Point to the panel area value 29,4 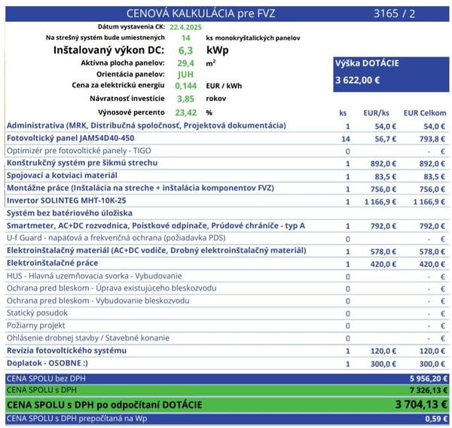click(185, 63)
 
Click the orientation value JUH click(185, 75)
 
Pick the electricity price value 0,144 click(185, 86)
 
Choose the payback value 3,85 click(185, 99)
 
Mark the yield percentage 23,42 click(185, 112)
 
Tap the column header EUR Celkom click(425, 113)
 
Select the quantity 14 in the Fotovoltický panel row click(347, 139)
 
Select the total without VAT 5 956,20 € click(426, 378)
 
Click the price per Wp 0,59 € click(436, 419)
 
